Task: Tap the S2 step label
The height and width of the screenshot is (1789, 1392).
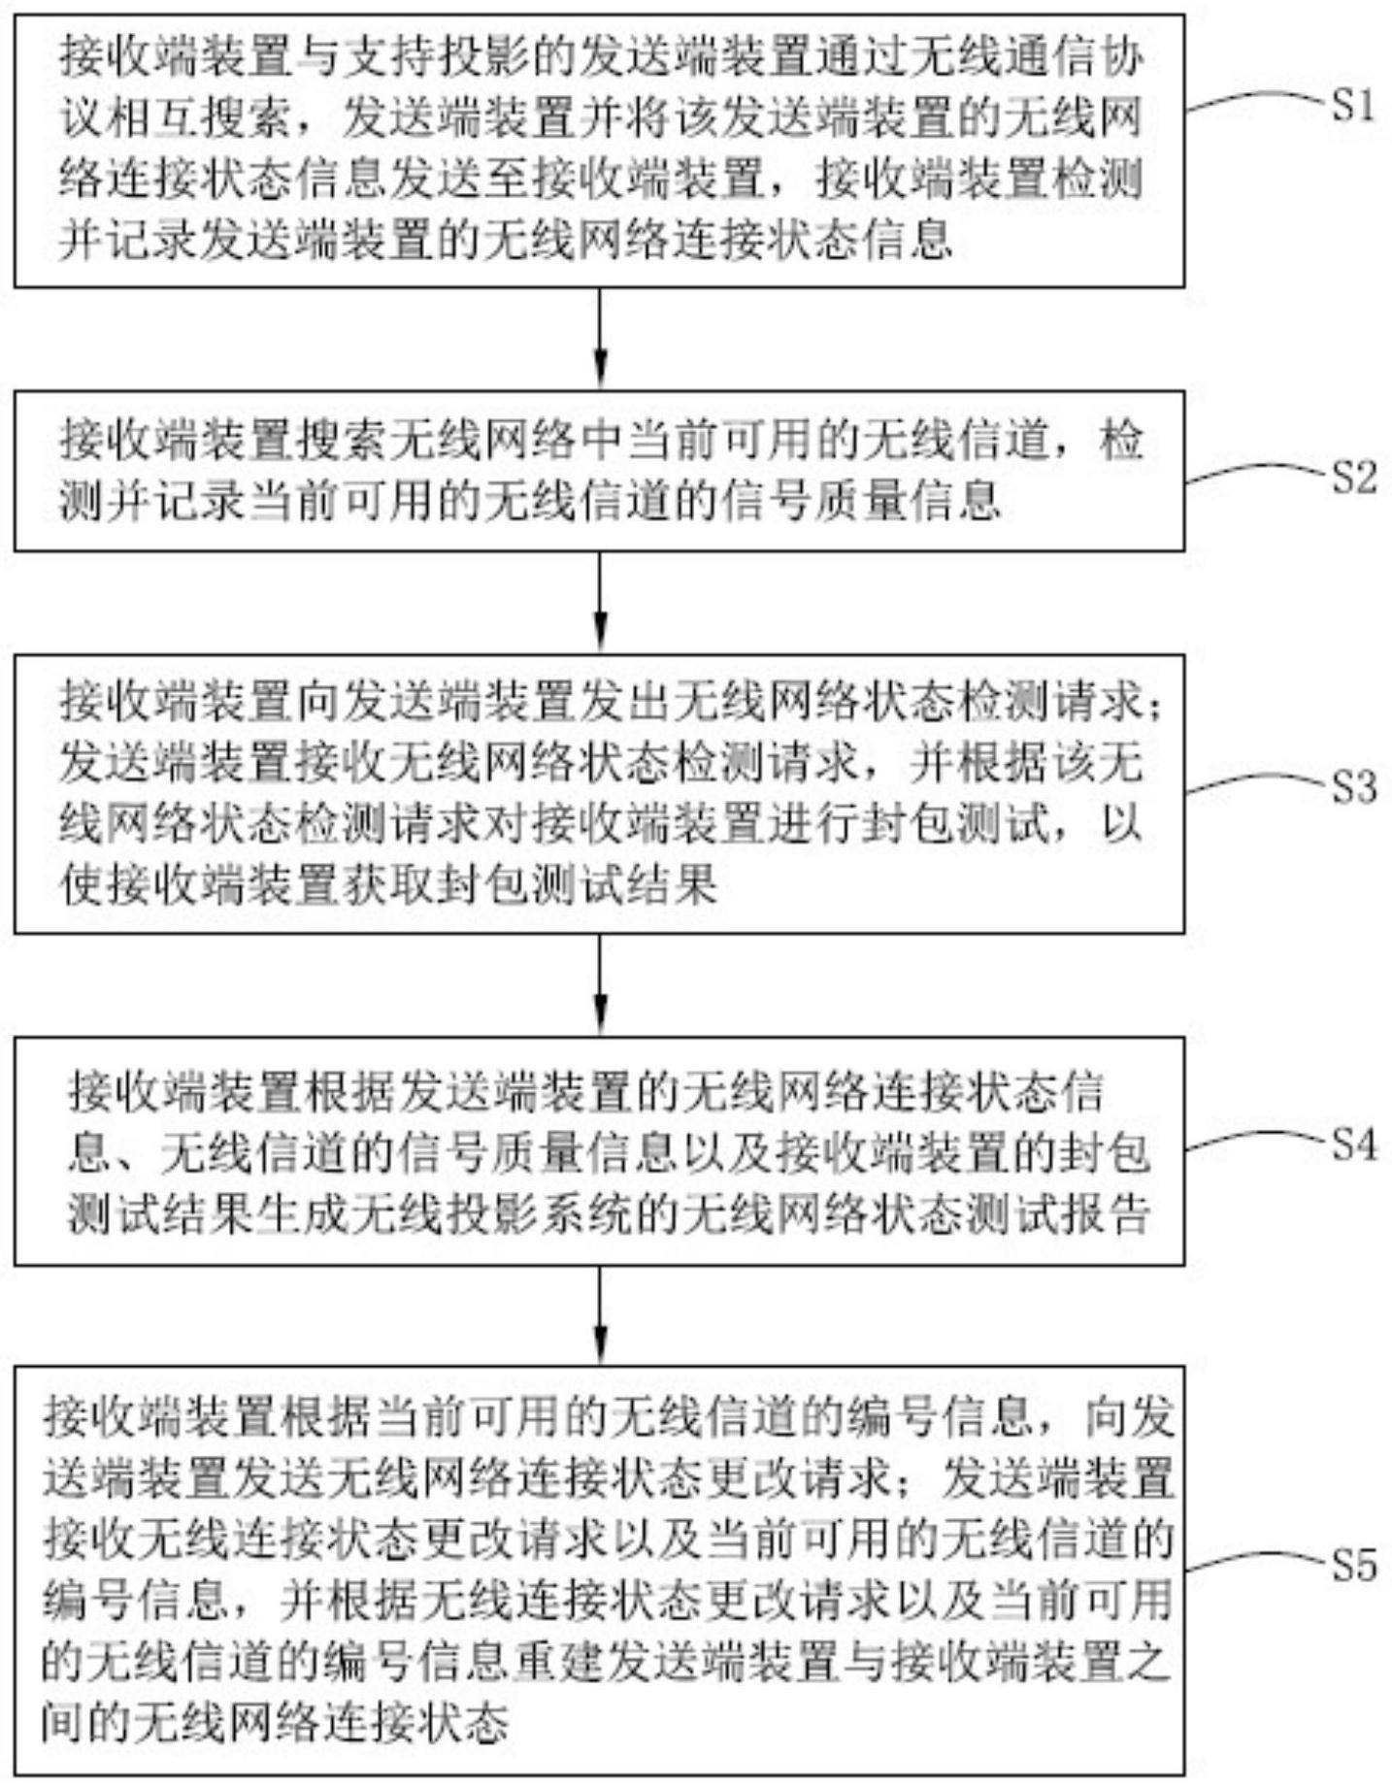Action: click(x=1353, y=477)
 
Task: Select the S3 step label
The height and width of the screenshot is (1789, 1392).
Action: click(x=1353, y=786)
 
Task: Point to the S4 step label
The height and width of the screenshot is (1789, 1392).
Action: click(x=1353, y=1145)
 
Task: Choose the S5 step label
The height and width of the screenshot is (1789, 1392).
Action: click(x=1353, y=1565)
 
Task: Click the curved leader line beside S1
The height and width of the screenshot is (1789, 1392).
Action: click(x=1257, y=101)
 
